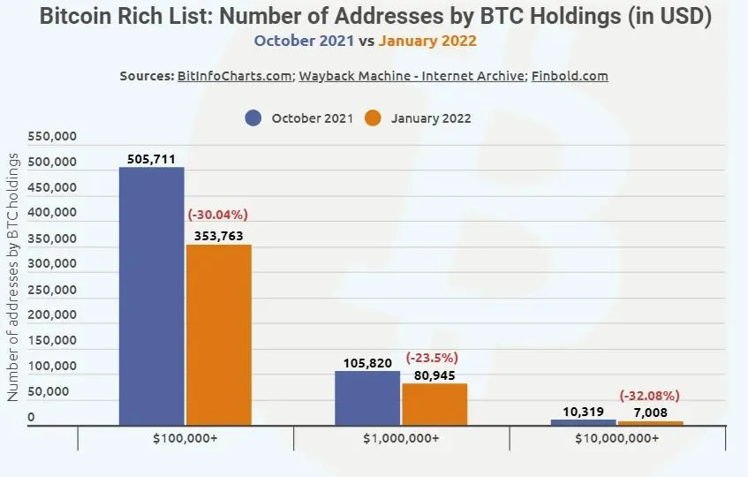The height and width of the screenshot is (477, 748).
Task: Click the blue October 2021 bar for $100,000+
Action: (151, 296)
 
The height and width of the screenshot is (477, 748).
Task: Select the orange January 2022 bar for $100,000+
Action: (218, 335)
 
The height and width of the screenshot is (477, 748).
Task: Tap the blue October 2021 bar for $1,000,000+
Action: (366, 397)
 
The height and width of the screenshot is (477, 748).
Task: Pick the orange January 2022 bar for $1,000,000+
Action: (434, 404)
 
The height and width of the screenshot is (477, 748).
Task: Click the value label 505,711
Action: (152, 159)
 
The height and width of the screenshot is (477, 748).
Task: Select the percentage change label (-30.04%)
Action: (217, 215)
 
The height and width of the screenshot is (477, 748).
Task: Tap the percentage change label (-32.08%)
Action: (650, 396)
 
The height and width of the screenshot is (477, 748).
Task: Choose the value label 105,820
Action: (367, 363)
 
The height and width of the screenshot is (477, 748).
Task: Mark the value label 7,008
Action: (649, 412)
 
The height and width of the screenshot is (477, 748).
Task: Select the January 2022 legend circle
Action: (373, 118)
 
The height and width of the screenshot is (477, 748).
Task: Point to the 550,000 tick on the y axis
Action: (53, 137)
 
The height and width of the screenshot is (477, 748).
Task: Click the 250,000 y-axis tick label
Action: (53, 289)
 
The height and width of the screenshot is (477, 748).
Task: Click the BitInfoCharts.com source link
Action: (234, 76)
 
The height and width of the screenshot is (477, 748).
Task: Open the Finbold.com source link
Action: (570, 76)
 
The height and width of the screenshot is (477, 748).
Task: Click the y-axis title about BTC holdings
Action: (14, 276)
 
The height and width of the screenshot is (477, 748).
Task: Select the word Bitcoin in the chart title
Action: (76, 16)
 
